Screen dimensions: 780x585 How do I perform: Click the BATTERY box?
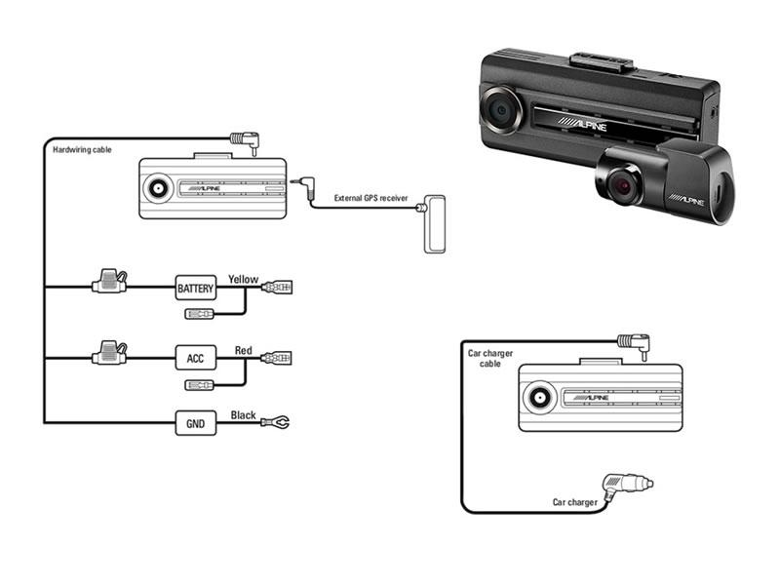click(196, 288)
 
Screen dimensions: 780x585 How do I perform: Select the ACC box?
click(196, 358)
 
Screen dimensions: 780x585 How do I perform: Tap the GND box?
click(196, 423)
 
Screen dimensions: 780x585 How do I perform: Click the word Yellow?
click(243, 279)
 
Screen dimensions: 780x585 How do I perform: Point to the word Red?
click(243, 350)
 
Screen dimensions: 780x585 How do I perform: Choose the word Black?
click(243, 415)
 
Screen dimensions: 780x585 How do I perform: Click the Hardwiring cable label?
click(82, 150)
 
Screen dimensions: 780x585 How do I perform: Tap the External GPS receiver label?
click(371, 198)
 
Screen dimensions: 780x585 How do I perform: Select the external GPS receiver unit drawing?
click(434, 224)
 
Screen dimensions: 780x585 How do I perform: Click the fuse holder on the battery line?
click(109, 281)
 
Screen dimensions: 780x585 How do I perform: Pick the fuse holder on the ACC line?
click(109, 352)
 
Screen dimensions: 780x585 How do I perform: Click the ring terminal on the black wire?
click(275, 423)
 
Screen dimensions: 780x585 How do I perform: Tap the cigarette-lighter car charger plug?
click(627, 486)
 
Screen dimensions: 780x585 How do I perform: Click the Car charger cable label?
click(490, 358)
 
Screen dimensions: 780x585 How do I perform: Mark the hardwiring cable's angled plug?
click(245, 141)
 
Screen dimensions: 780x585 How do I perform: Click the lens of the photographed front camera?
click(500, 110)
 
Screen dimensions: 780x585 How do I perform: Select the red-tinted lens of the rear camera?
click(622, 187)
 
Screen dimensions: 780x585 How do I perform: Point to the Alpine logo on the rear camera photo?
click(686, 201)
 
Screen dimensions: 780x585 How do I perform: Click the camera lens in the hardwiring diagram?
click(159, 188)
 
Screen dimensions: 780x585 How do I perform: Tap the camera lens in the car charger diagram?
click(539, 398)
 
